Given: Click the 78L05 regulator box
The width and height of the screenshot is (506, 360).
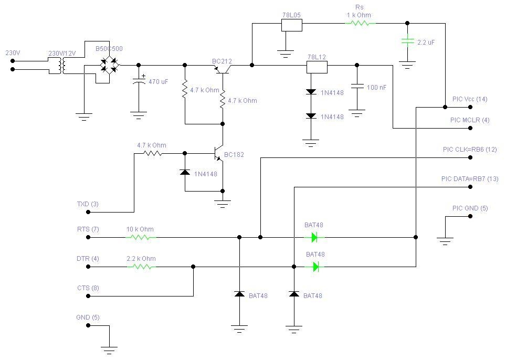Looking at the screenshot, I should (292, 24).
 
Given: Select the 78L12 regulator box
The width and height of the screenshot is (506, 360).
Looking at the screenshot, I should (317, 66).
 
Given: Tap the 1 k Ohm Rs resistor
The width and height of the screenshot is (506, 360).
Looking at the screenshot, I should (360, 24).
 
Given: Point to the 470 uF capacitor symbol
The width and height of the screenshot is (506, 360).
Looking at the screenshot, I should (139, 81).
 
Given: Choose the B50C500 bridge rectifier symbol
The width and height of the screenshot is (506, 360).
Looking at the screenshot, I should (110, 65).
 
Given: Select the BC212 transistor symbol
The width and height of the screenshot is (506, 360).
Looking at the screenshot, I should (223, 68).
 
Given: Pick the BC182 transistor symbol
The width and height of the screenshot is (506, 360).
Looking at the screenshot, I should (219, 154).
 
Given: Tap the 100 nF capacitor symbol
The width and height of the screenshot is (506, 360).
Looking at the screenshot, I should (357, 86).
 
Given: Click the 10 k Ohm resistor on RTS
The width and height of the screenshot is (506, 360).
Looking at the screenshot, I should (141, 237).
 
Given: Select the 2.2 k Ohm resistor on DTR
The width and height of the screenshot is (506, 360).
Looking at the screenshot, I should (141, 267).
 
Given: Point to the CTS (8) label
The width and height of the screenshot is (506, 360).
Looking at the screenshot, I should (88, 288).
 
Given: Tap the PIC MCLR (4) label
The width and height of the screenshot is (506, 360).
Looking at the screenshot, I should (469, 120).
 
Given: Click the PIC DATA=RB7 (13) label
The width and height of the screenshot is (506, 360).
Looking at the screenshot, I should (469, 179).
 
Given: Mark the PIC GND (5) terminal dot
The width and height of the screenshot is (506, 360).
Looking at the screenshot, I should (470, 216).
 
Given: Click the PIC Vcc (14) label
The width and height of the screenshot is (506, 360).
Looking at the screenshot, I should (469, 99).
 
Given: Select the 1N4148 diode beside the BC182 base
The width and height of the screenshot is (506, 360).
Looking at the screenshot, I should (185, 172).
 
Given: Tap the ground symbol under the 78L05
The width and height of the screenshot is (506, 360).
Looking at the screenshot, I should (285, 53).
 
